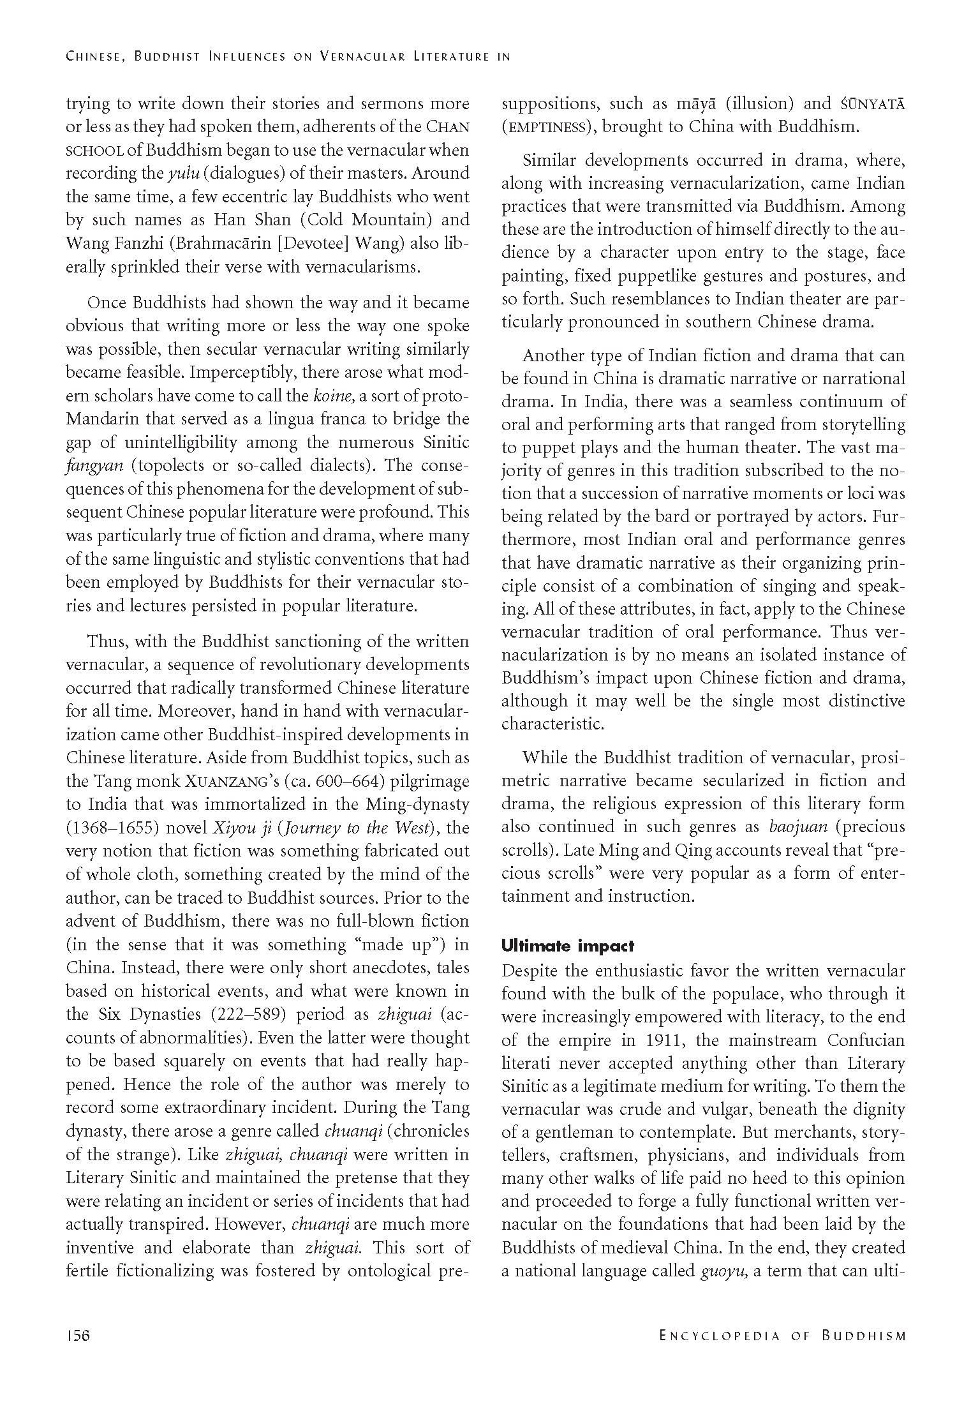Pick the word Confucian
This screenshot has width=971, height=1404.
[x=866, y=1040]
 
